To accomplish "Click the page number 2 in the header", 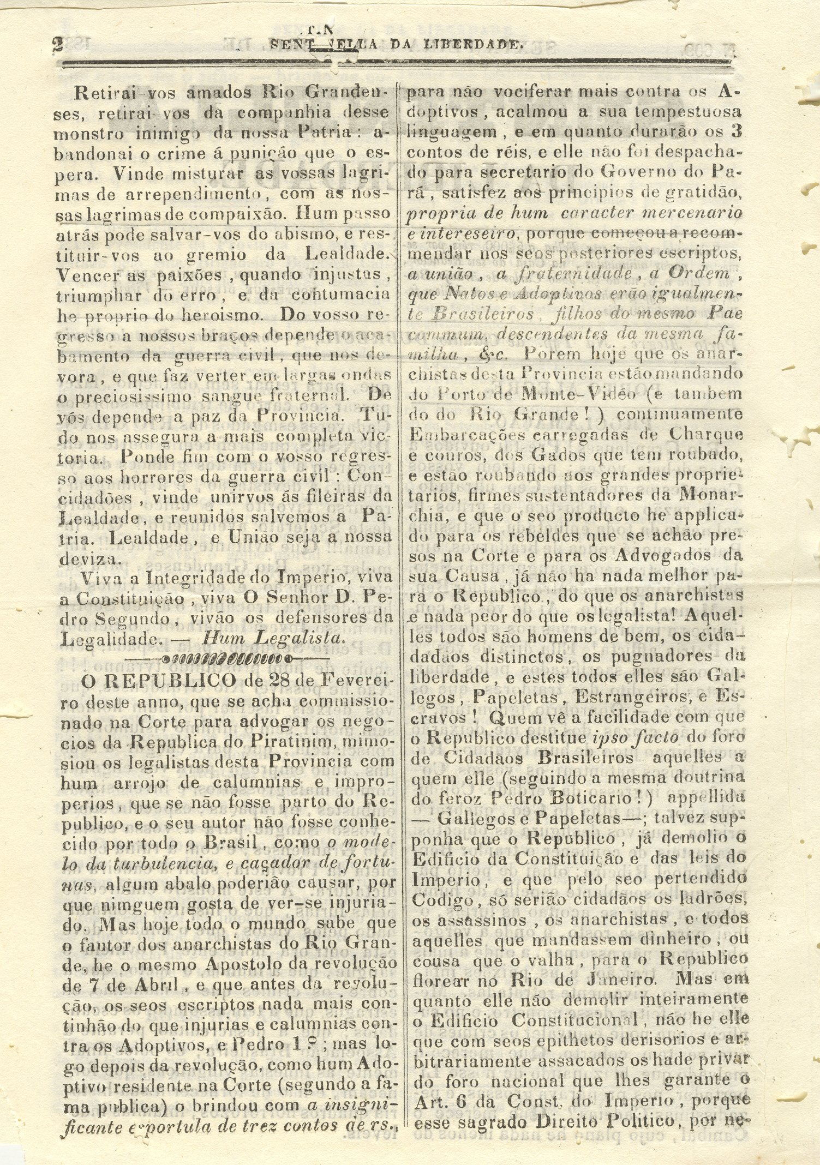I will pos(56,44).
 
